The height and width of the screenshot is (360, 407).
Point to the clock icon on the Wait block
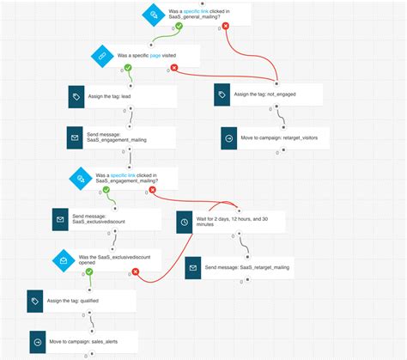(183, 223)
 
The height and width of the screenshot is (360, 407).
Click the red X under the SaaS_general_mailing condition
(226, 26)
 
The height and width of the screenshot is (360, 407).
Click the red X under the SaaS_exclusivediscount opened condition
(135, 272)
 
